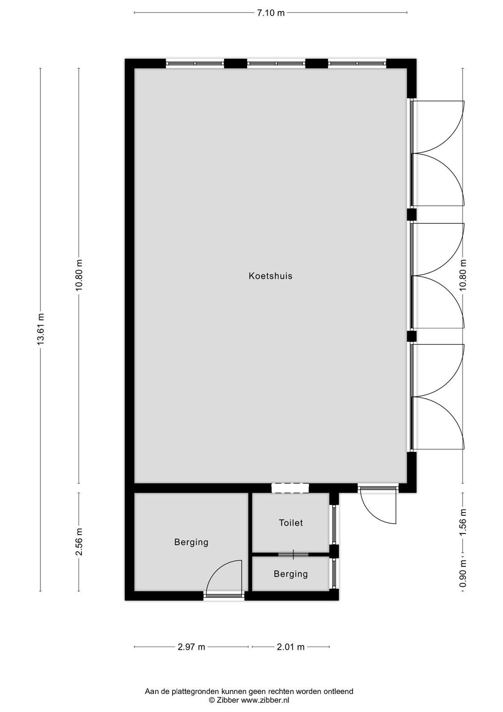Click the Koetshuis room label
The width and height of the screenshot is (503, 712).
[270, 275]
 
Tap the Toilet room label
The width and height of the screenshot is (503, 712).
[291, 522]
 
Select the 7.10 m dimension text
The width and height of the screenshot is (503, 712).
[271, 13]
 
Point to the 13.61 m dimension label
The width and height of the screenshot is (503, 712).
[40, 329]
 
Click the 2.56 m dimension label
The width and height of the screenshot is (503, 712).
[79, 542]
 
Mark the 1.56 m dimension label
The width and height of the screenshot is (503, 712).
[463, 522]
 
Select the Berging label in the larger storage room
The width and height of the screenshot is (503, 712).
[191, 542]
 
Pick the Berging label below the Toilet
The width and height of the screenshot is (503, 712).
[291, 574]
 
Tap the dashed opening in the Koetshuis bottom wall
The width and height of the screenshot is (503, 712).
[290, 488]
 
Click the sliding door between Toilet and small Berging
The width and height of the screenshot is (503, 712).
[293, 554]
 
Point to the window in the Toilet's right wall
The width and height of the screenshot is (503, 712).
[334, 524]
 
